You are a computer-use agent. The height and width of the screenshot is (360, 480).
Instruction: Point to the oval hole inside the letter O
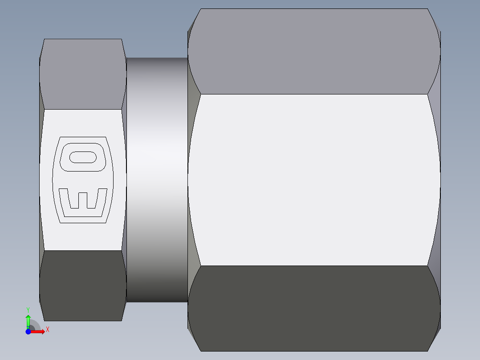(83, 157)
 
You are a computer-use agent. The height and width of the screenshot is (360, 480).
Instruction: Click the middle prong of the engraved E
(83, 199)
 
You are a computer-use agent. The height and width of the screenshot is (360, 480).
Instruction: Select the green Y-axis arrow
(28, 320)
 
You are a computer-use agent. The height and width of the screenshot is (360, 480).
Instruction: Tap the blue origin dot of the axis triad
(28, 331)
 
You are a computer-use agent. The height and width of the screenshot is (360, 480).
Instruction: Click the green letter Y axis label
(28, 309)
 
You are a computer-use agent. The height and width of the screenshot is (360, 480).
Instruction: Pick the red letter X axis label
(47, 330)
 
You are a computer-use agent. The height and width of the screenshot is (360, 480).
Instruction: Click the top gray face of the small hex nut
(82, 74)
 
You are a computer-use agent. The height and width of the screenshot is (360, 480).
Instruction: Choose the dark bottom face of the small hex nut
(82, 285)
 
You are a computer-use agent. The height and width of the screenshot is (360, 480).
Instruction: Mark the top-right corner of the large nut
(429, 9)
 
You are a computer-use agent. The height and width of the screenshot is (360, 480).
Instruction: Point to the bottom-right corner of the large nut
(429, 350)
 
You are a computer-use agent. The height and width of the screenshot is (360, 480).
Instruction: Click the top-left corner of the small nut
(44, 39)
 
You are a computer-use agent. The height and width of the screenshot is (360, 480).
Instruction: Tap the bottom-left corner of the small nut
(44, 320)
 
